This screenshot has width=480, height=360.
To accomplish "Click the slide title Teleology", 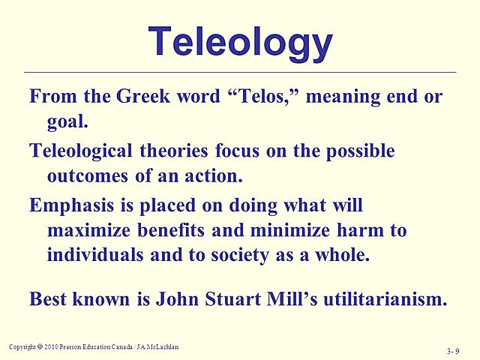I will (x=240, y=42).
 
